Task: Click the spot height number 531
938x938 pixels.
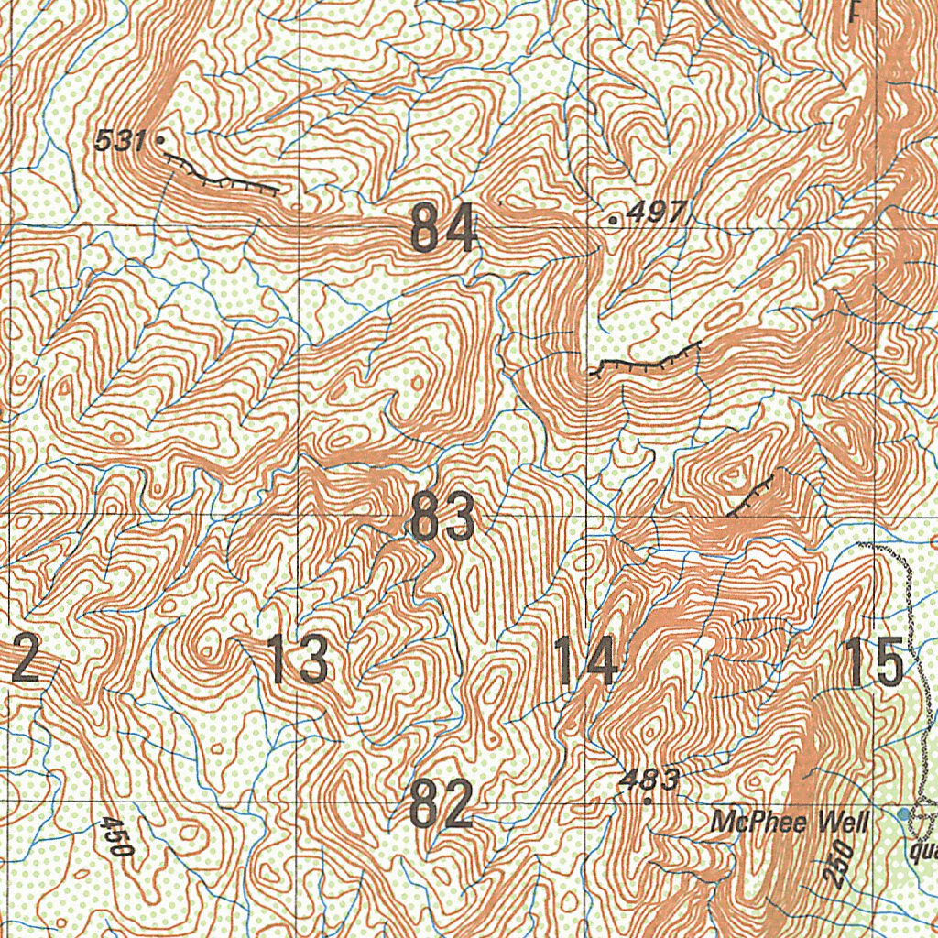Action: coord(119,141)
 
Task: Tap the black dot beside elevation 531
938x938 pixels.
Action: coord(160,140)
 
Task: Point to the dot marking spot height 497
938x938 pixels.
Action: coord(613,220)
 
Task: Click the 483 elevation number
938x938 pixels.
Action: coord(649,780)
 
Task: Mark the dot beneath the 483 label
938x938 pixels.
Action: coord(648,801)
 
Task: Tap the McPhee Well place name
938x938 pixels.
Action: coord(789,823)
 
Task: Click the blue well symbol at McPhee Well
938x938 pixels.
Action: coord(905,813)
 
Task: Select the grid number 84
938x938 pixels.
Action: coord(443,228)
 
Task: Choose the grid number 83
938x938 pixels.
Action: coord(443,517)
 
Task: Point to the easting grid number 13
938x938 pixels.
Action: coord(298,660)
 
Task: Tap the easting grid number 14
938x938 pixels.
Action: coord(585,662)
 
